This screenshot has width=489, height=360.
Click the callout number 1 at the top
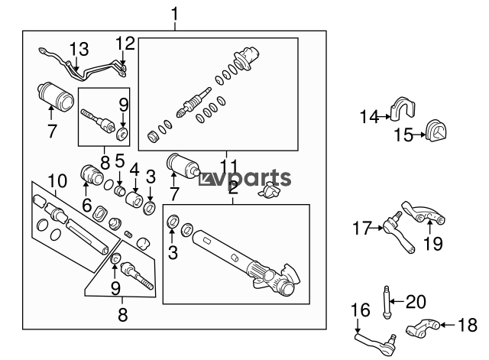[175, 15]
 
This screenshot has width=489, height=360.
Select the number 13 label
[79, 49]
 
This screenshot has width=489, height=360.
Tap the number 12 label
[125, 44]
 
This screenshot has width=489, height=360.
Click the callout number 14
[369, 117]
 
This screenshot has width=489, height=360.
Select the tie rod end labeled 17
[399, 232]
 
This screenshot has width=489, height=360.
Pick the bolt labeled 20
[387, 302]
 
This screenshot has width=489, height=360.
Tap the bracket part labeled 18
[423, 329]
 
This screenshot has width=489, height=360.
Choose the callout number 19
[433, 244]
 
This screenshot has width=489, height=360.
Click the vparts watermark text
[245, 178]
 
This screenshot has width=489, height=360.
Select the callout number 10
[57, 180]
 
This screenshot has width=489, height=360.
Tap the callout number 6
[87, 206]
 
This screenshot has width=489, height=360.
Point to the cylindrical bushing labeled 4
[134, 199]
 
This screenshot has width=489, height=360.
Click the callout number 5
[120, 161]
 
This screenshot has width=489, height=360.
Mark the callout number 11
[229, 165]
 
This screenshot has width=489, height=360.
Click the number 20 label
[416, 301]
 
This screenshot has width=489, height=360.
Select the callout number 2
[233, 187]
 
